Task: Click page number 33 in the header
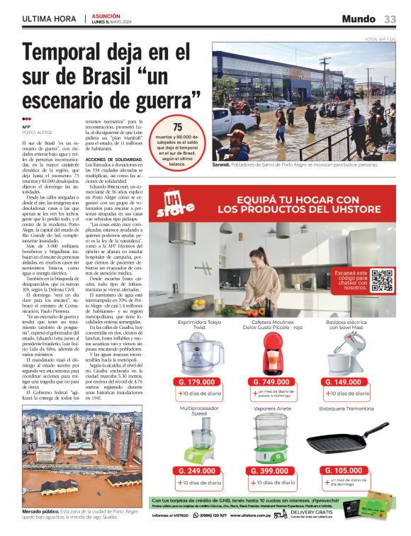tap(390, 18)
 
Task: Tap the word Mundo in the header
tap(358, 18)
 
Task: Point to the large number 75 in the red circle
tap(178, 127)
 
